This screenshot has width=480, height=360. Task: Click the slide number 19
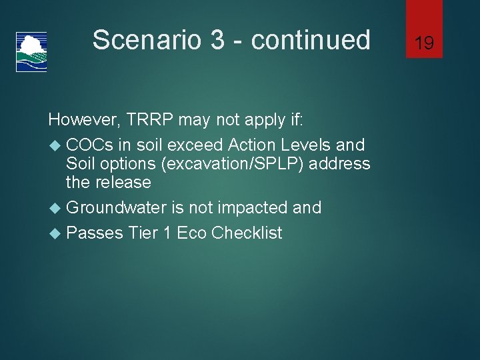click(424, 43)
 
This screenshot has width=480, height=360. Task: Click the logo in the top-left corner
click(31, 51)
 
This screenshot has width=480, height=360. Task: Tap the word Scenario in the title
click(147, 40)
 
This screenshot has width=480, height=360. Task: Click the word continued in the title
click(311, 40)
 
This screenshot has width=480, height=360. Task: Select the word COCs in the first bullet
click(90, 145)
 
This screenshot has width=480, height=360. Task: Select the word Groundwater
click(116, 207)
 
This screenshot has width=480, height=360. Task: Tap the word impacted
click(255, 207)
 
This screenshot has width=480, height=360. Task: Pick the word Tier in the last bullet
click(144, 233)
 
